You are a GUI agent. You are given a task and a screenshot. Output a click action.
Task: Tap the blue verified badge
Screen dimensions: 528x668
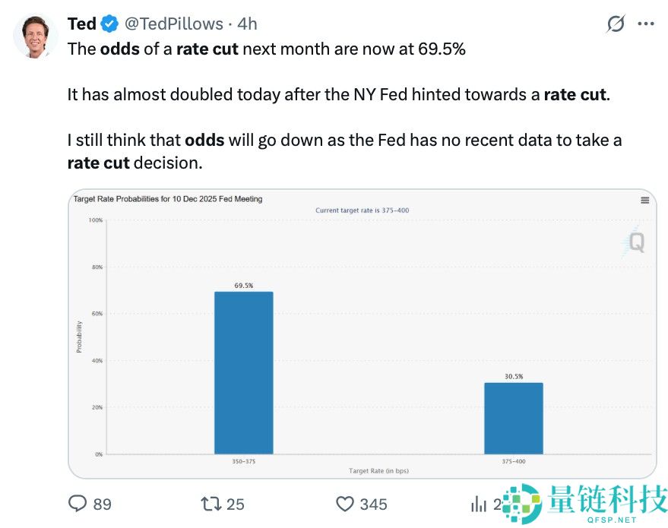coord(109,24)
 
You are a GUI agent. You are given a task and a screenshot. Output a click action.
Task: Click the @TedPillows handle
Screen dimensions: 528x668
coord(174,24)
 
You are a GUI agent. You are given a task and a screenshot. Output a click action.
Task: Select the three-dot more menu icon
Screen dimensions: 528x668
coord(645,24)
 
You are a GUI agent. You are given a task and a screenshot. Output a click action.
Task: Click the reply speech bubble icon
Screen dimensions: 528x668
coord(78,503)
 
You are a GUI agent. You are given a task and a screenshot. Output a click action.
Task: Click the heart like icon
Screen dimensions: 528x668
coord(345,503)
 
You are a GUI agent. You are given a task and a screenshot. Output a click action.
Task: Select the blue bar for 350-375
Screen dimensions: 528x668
coord(243,372)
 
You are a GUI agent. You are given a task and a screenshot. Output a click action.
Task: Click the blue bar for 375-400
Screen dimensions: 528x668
coord(514,418)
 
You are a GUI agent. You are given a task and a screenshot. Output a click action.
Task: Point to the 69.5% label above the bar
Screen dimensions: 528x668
coord(243,286)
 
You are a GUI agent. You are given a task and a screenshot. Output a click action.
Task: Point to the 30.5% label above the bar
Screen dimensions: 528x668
coord(514,376)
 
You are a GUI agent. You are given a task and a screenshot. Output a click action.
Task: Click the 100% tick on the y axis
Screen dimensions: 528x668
coord(95,220)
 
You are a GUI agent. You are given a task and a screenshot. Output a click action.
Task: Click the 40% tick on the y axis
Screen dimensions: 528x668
coord(97,361)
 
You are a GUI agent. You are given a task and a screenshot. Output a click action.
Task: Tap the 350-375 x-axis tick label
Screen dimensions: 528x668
coord(243,461)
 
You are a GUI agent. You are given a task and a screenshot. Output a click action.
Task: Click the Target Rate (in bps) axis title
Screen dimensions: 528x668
coord(378,471)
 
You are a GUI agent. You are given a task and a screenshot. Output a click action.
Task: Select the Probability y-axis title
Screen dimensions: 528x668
coord(79,336)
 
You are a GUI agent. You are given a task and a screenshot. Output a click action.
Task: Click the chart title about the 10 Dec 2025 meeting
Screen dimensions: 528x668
coord(168,199)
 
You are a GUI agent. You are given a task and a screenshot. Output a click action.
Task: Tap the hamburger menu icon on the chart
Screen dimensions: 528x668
coord(644,200)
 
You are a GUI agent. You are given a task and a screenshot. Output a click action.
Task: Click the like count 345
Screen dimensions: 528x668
coord(373,504)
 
